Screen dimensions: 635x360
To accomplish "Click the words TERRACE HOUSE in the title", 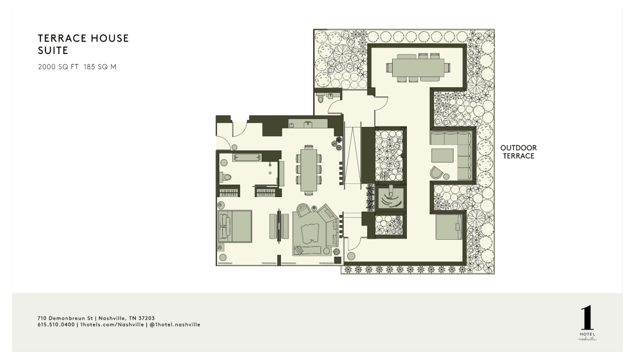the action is pos(84,38).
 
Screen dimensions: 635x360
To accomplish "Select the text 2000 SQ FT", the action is pos(58,67).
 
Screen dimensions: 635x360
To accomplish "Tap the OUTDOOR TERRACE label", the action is pos(519,152).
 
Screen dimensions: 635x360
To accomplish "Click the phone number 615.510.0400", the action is pos(56,325).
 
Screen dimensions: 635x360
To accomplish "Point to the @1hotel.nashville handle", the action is pos(175,325).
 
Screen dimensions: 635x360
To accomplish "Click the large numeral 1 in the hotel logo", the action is pos(587,317).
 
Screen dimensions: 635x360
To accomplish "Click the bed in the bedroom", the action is pos(235,226).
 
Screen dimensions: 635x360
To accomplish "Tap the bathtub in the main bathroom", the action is pos(247,157).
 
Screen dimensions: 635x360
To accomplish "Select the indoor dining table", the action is pos(309,170).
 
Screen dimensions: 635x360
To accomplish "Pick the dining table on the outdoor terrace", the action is pos(418,68).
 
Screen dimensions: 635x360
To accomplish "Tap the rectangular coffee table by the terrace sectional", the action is pos(442,156).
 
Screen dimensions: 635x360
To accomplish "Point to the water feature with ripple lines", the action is pos(391,197).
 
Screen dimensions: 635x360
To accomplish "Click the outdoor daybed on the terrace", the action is pos(449,227).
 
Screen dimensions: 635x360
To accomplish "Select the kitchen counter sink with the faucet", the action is pos(308,124).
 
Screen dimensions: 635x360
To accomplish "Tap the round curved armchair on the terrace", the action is pos(437,173).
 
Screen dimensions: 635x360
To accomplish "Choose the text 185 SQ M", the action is pos(100,67).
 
